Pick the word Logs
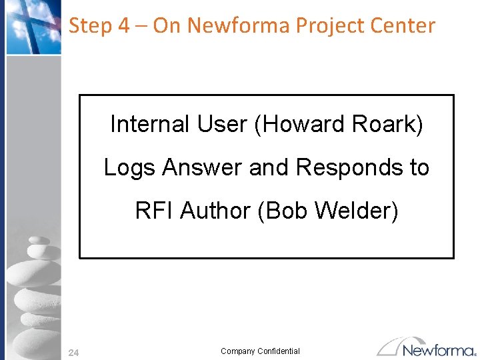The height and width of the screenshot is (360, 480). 130,167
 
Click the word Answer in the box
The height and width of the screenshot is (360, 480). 203,167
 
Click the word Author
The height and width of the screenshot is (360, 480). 215,211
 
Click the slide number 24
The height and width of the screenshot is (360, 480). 73,353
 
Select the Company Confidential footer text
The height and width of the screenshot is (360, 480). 260,351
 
